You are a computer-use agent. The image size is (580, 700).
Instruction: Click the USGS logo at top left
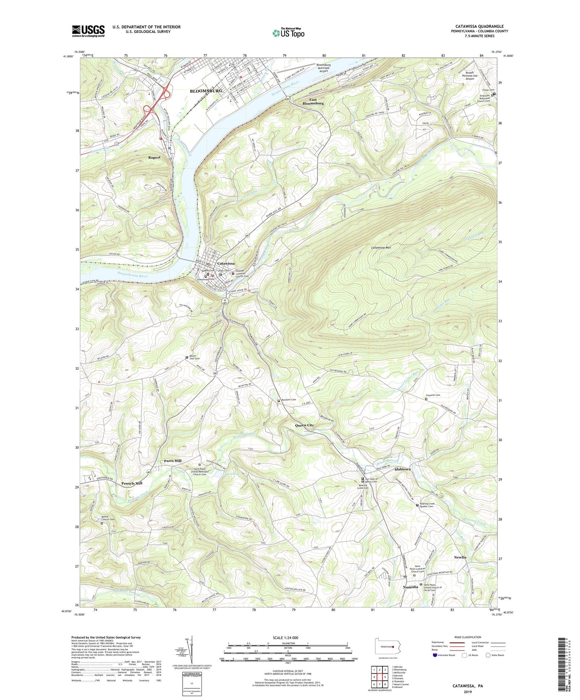(x=88, y=31)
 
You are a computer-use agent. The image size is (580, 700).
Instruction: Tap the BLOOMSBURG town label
(x=206, y=91)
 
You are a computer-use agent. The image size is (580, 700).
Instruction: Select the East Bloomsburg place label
(x=313, y=101)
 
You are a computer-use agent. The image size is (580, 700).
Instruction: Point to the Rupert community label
(x=154, y=158)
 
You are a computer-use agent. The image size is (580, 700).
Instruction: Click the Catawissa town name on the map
(x=226, y=263)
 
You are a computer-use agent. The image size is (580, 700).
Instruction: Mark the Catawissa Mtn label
(x=381, y=248)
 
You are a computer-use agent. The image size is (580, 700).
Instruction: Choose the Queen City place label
(x=304, y=425)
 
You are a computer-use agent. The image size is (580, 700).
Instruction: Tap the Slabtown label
(x=403, y=469)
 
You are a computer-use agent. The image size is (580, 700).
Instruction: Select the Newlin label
(x=460, y=557)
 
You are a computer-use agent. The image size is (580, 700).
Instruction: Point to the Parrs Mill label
(x=173, y=461)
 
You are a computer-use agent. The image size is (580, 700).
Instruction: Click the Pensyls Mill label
(x=132, y=484)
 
